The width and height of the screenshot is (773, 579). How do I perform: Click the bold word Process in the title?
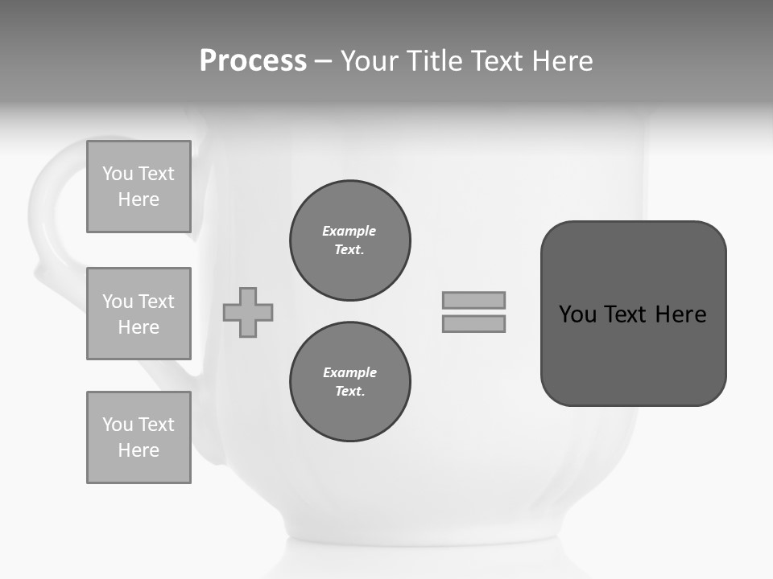[x=253, y=61]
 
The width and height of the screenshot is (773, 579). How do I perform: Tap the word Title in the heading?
[x=436, y=61]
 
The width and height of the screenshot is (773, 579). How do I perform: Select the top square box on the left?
[x=138, y=187]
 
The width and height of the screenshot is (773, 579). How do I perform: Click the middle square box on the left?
[x=138, y=314]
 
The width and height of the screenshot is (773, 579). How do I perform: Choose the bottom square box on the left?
[x=138, y=437]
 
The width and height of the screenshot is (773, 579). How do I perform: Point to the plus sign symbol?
[x=248, y=312]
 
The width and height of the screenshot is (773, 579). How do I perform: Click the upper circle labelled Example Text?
[x=350, y=240]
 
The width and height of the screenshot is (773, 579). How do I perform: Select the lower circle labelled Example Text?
[x=350, y=382]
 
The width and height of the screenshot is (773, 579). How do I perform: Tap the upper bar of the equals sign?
[x=473, y=300]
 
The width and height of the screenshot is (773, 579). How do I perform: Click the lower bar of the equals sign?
[x=473, y=323]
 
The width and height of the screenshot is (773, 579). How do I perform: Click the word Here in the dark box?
[x=680, y=314]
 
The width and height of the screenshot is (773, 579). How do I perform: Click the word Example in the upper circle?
[x=349, y=231]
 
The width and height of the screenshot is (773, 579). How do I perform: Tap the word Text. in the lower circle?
[x=349, y=392]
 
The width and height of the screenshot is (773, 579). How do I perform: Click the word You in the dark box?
[x=577, y=314]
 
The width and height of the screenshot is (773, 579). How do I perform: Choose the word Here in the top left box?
[x=138, y=199]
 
